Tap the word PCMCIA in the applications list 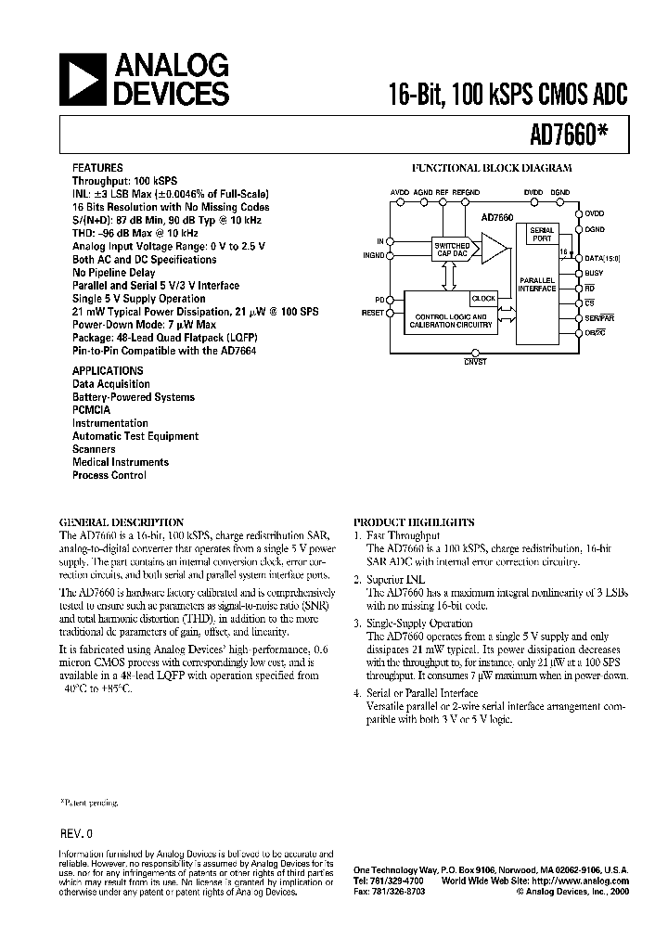coord(92,409)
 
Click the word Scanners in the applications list coord(94,448)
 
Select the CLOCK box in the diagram coord(483,299)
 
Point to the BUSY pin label coord(595,273)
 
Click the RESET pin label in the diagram coord(372,314)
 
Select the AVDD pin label coord(400,191)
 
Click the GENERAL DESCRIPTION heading coord(121,522)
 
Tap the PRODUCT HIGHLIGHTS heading coord(414,522)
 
